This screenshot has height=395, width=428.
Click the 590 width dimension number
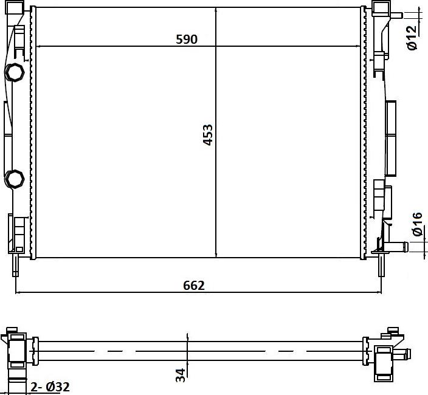(x=187, y=39)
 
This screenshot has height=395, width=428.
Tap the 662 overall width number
(x=193, y=285)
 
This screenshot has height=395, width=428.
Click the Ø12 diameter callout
(x=412, y=38)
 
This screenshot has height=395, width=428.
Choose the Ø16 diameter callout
(x=417, y=224)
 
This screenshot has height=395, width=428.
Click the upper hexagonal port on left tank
(x=14, y=73)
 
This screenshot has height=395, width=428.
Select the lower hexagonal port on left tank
(x=13, y=179)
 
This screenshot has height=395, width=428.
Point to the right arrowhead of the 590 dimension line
(x=361, y=46)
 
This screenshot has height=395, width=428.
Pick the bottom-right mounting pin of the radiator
(x=381, y=266)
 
